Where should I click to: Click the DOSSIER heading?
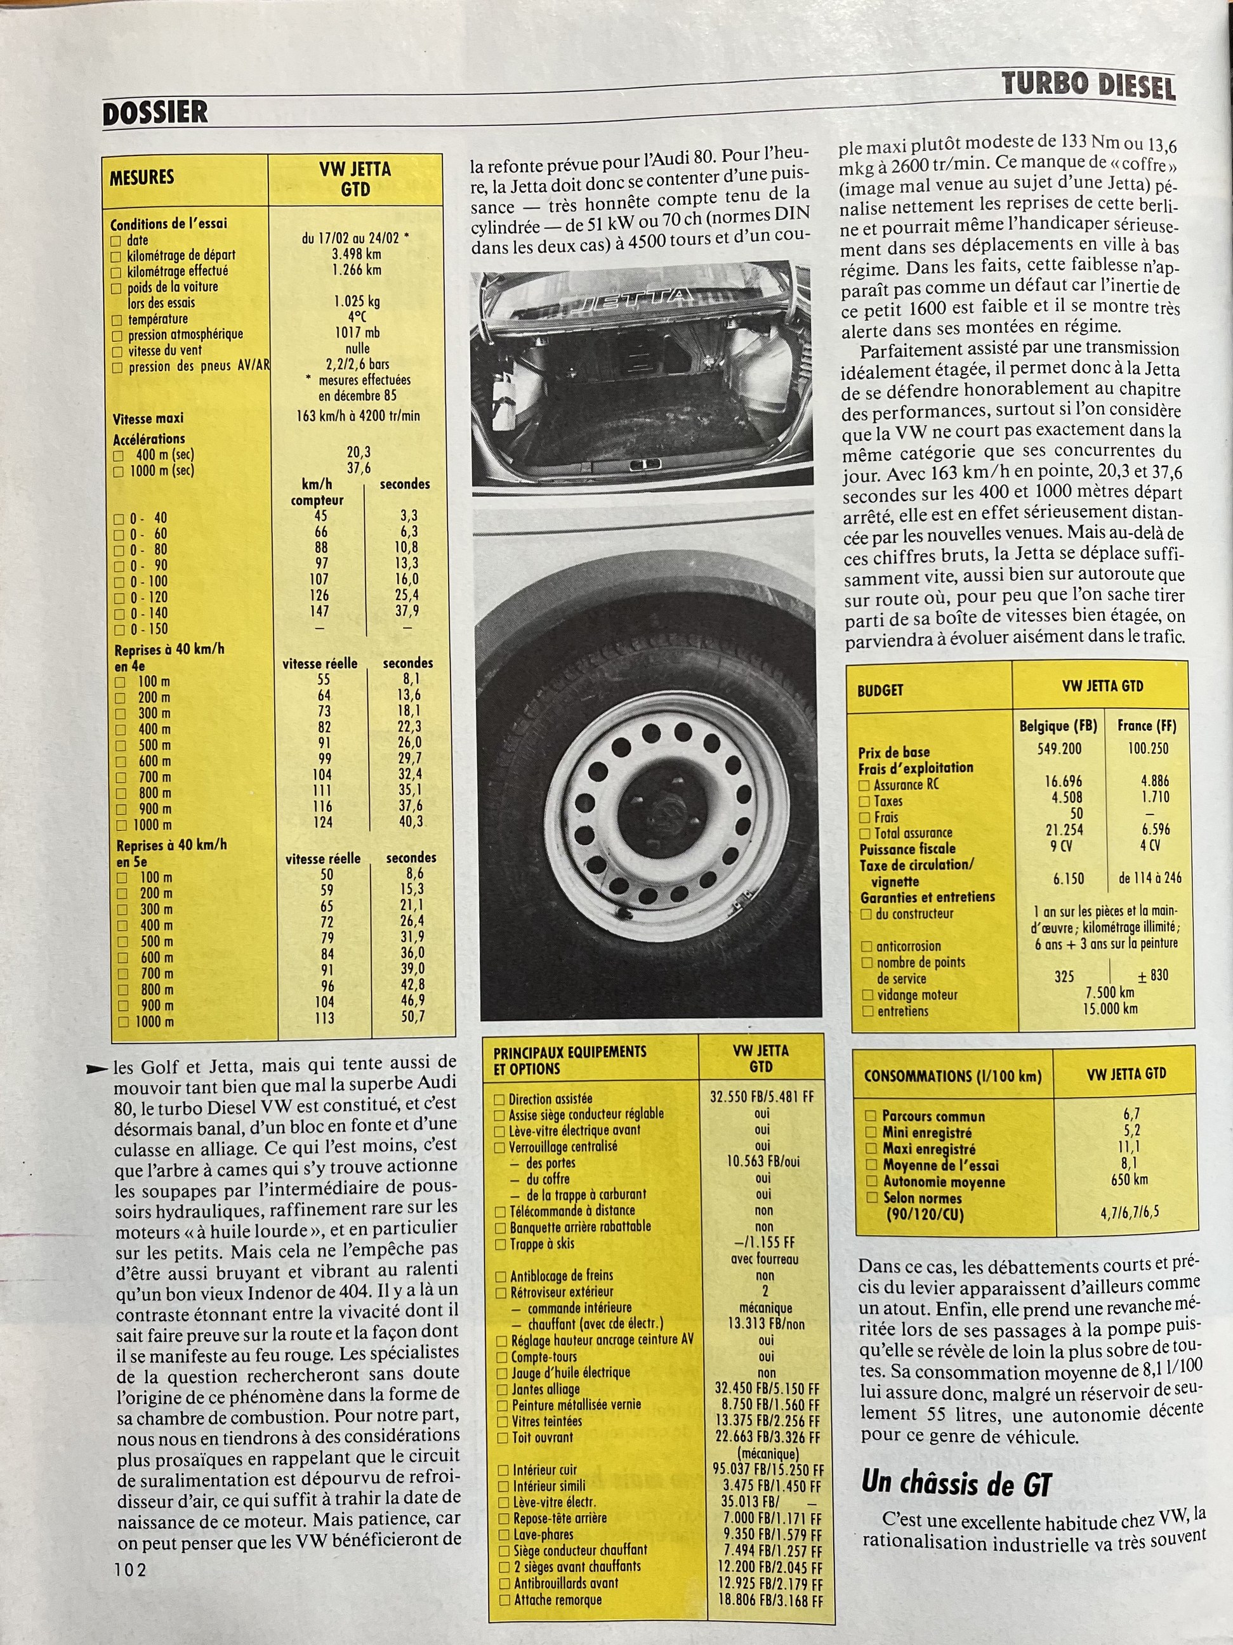pos(155,113)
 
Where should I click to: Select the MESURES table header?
pos(142,178)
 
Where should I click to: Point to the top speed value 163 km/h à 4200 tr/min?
pos(358,416)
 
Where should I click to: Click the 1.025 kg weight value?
pos(357,302)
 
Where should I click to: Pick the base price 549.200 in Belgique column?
pos(1059,748)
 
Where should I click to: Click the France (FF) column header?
pos(1147,725)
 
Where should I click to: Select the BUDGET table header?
pos(881,690)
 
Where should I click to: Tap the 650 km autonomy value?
pos(1130,1179)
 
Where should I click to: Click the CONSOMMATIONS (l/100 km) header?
pos(953,1076)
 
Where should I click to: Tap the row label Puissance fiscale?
pos(907,849)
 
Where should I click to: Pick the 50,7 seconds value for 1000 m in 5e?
pos(412,1016)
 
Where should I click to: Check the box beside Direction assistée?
pos(500,1099)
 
